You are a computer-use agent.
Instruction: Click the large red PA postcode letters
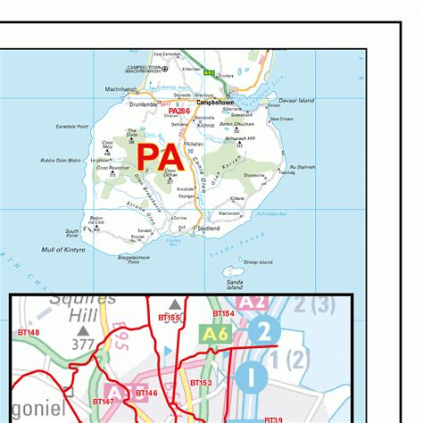[x=162, y=158]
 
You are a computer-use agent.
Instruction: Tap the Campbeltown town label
[x=215, y=103]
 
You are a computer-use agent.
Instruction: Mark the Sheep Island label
[x=259, y=262]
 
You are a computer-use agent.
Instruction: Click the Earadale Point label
[x=70, y=127]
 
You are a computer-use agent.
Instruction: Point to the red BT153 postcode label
[x=201, y=382]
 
